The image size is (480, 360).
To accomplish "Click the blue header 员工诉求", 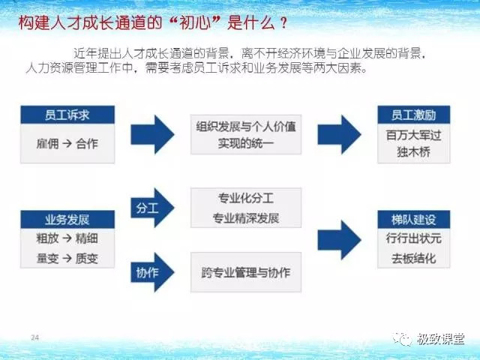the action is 67,115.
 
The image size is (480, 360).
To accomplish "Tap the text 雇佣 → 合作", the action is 67,143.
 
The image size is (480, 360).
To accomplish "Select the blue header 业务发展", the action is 67,220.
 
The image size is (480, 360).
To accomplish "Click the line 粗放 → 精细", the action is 67,238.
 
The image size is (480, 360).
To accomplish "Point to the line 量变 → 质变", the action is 67,259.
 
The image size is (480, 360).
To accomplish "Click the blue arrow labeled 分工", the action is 152,208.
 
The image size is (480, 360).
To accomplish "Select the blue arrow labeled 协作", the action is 152,272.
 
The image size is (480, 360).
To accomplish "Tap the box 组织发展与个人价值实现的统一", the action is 246,134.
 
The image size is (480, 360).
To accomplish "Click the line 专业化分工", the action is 246,198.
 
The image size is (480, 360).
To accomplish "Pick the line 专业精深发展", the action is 246,218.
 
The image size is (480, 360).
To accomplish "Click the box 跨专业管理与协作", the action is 246,272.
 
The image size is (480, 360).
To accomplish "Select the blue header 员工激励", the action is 414,115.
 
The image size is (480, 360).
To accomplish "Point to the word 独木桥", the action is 414,151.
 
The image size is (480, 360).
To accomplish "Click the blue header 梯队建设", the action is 414,220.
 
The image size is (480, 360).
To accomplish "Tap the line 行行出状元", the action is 414,238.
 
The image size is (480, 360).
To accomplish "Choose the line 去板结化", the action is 414,259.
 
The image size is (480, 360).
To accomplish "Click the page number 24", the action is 35,337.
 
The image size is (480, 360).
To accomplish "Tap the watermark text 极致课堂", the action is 440,339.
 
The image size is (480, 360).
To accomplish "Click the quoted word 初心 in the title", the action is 196,22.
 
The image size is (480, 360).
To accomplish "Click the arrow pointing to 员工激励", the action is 340,134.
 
